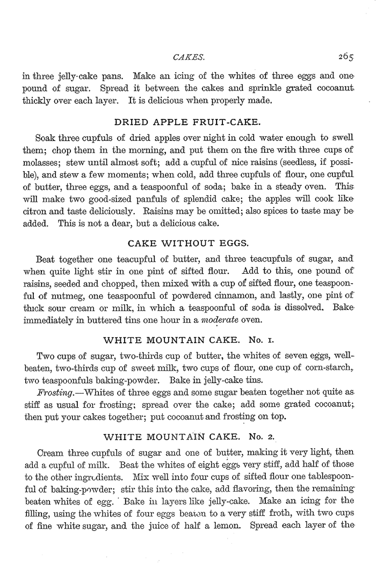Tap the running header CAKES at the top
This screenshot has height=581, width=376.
click(187, 56)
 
